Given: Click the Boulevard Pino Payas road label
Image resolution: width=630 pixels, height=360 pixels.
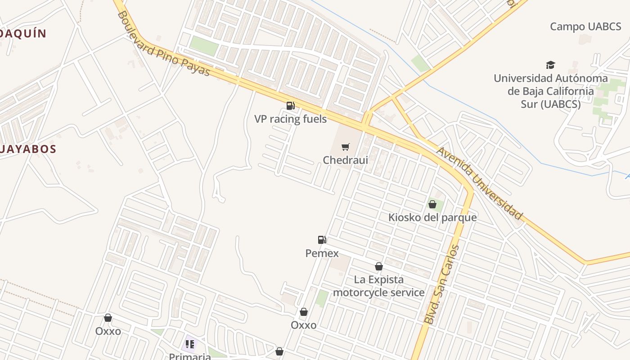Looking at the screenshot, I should [164, 44].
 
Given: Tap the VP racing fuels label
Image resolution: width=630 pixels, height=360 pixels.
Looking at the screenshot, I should [290, 119].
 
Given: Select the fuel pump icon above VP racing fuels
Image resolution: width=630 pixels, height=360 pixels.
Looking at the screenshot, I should [290, 106].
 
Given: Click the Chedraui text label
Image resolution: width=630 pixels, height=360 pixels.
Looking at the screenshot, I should [346, 160].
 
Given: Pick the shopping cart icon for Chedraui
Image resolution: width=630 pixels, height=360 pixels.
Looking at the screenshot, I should [345, 147].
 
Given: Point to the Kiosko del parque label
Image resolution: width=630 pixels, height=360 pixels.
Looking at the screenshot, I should [432, 217].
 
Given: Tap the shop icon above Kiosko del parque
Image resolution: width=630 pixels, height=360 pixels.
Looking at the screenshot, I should [432, 205].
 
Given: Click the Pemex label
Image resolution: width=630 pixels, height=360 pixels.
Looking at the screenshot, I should [322, 253].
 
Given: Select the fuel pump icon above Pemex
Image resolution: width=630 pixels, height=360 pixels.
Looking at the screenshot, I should [322, 240].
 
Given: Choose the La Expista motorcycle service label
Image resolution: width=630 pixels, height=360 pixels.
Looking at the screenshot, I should [379, 286].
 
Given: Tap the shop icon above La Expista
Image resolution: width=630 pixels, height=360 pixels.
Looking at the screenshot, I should [379, 267].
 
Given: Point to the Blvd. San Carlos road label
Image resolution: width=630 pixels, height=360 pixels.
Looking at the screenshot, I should [442, 284].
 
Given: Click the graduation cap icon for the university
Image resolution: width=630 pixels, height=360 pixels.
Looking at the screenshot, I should [550, 65].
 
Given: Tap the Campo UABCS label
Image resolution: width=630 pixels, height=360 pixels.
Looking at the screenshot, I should [585, 27].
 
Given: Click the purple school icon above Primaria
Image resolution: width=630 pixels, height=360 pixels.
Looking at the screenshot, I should [190, 344].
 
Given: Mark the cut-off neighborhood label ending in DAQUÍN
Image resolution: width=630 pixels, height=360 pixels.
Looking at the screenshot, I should [23, 33].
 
